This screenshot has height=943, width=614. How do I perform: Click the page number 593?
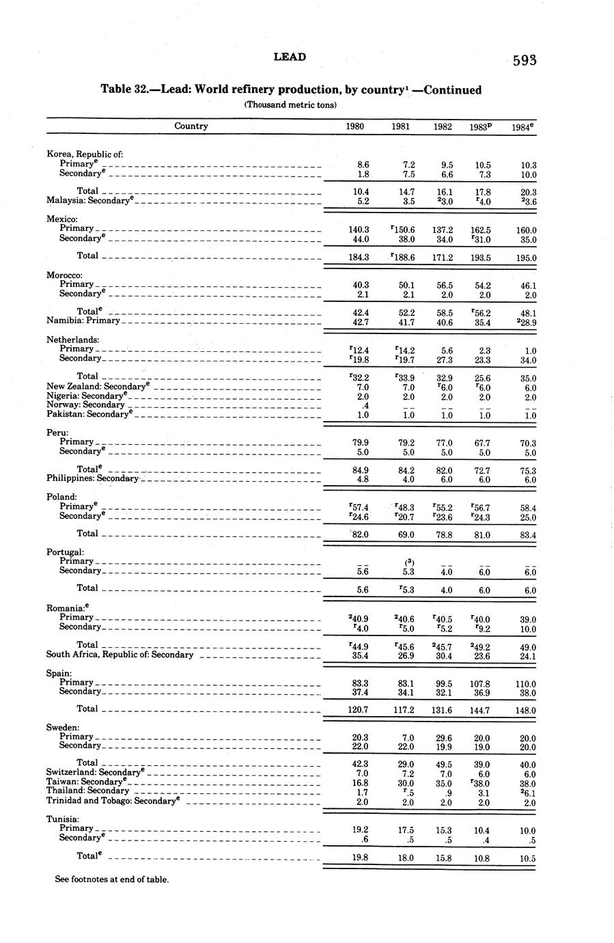(525, 60)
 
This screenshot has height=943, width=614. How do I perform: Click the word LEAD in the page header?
(290, 57)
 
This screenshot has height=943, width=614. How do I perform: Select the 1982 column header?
(442, 126)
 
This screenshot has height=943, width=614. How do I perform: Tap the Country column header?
(191, 126)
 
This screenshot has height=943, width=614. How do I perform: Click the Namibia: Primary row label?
(83, 320)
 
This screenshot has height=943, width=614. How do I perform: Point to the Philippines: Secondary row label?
(93, 479)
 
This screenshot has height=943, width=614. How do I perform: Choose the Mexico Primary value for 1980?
(359, 230)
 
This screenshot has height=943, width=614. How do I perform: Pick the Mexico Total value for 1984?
(525, 258)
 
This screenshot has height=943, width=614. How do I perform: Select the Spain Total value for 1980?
(359, 710)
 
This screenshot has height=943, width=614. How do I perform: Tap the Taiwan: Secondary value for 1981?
(406, 784)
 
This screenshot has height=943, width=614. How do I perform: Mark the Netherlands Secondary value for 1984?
(527, 360)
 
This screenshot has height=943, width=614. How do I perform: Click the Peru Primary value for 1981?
(406, 443)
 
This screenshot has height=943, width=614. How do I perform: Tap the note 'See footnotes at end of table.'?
(111, 879)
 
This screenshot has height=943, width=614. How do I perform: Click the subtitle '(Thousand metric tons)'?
(290, 105)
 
